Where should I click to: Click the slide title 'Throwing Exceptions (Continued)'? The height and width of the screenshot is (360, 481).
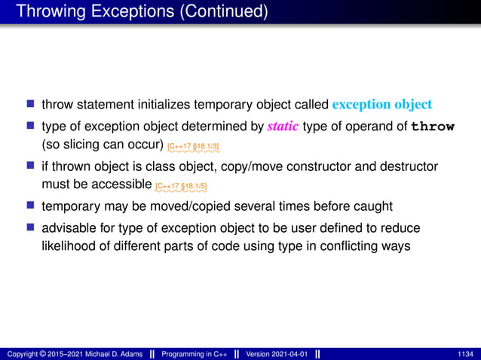(x=141, y=11)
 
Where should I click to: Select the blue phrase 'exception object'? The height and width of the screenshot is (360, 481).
(x=381, y=104)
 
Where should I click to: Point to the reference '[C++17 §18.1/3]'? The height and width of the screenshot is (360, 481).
(x=193, y=145)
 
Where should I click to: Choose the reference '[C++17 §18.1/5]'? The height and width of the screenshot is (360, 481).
(x=181, y=186)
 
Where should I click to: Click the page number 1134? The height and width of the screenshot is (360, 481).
(x=465, y=354)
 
